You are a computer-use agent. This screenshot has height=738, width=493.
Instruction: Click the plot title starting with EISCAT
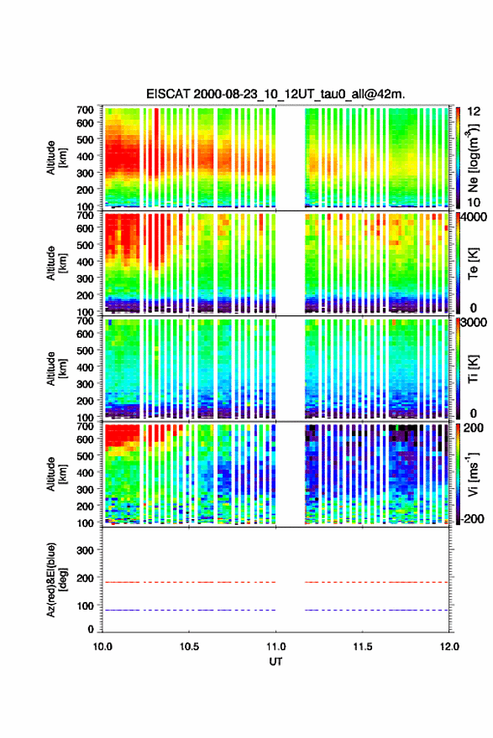[x=275, y=94]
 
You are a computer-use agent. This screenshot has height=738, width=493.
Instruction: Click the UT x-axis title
[x=275, y=662]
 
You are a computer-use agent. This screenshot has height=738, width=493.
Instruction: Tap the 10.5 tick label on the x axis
[x=189, y=647]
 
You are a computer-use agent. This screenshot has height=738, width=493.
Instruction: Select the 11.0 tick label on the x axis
[x=275, y=647]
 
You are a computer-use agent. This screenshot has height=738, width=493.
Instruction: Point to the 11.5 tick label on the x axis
[x=363, y=647]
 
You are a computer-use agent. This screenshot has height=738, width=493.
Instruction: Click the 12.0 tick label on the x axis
[x=449, y=647]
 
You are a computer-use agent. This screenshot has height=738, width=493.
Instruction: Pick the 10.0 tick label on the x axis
[x=102, y=647]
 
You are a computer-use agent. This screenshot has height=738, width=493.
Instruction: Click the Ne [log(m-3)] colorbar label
[x=473, y=158]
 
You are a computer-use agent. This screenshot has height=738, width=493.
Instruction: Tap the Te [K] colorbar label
[x=473, y=263]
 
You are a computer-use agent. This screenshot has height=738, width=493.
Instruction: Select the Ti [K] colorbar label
[x=473, y=369]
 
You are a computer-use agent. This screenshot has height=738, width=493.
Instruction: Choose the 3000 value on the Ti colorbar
[x=473, y=322]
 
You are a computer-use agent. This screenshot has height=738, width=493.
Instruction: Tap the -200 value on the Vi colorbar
[x=470, y=518]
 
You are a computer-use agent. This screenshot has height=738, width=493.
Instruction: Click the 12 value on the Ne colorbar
[x=474, y=111]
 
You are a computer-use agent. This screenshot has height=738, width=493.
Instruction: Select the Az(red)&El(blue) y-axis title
[x=56, y=579]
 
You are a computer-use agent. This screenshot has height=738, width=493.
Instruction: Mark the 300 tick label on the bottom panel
[x=86, y=550]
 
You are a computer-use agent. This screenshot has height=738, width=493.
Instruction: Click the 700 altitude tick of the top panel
[x=86, y=110]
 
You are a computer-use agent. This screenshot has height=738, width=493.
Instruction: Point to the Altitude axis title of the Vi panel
[x=56, y=474]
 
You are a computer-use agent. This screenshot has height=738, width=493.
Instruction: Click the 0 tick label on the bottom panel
[x=91, y=629]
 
